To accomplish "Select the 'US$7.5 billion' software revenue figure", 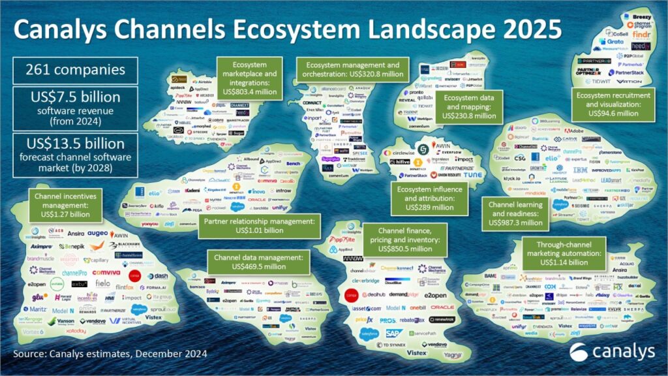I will point(75,97).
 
